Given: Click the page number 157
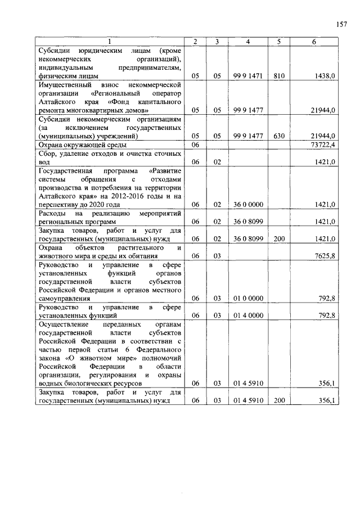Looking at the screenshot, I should click(341, 24).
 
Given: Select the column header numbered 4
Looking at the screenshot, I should click(247, 42).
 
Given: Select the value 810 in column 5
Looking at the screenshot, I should click(279, 75).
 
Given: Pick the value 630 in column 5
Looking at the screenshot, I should click(279, 136).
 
